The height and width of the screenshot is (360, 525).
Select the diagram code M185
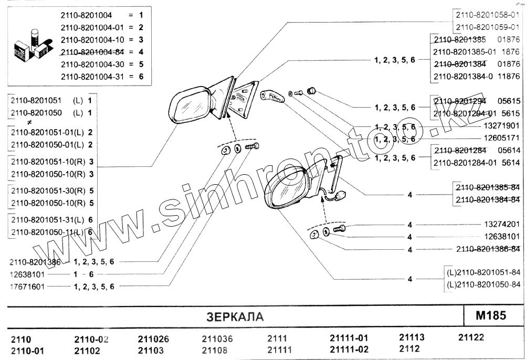pos(490,315)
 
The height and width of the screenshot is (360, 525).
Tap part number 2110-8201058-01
pos(488,15)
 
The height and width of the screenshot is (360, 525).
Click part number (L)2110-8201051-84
pos(483,273)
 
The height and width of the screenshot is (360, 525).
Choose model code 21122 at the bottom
pos(471,337)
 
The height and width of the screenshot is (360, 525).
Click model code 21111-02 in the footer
pos(349,350)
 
